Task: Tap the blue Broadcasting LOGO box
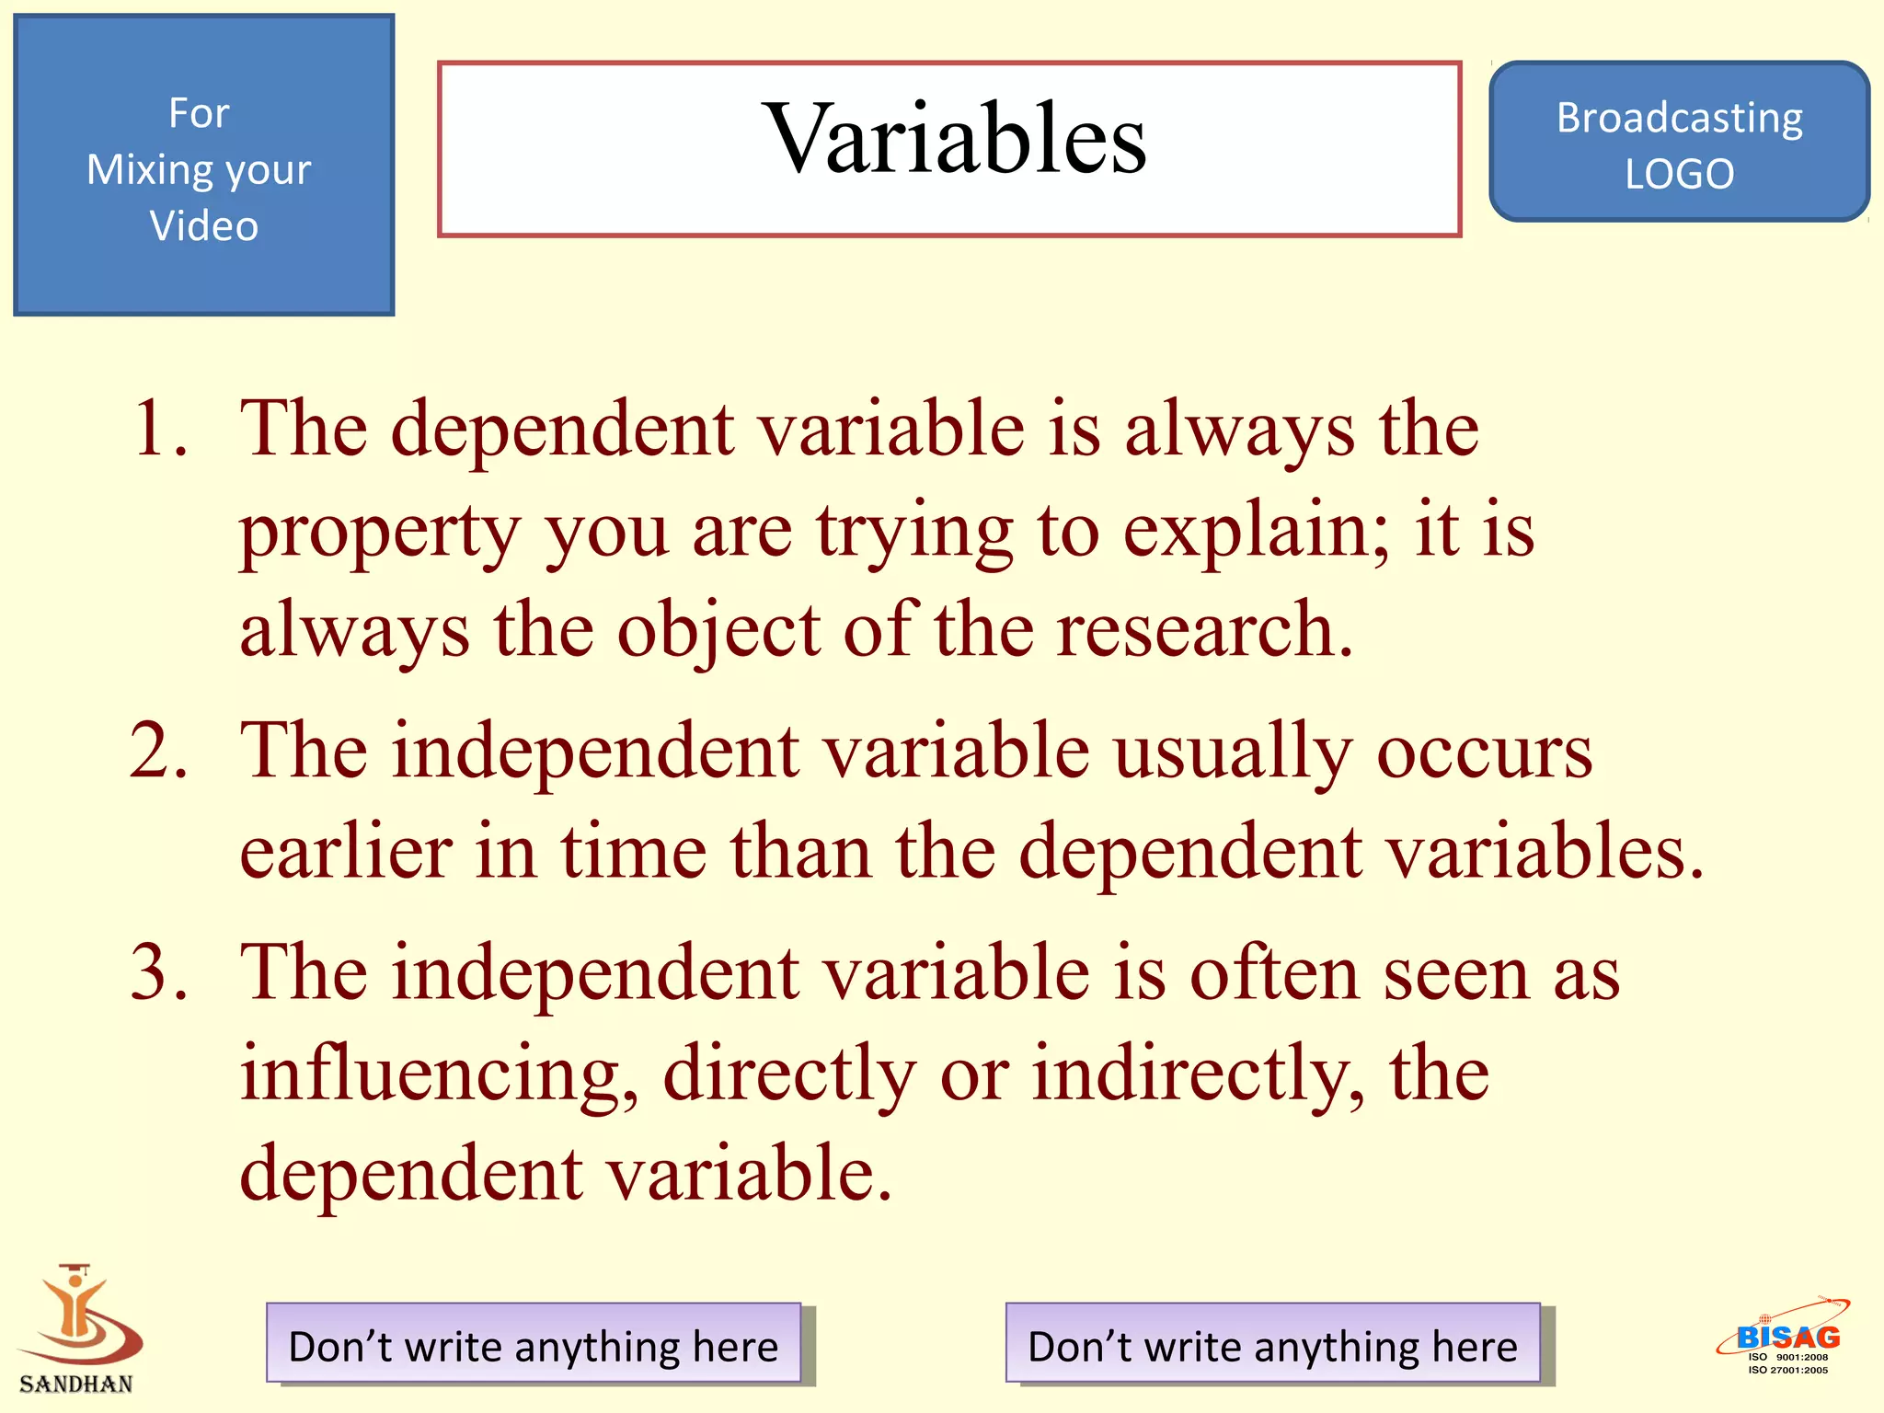pyautogui.click(x=1679, y=143)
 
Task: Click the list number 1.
pyautogui.click(x=158, y=430)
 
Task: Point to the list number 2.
pyautogui.click(x=158, y=752)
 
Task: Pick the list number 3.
pyautogui.click(x=158, y=972)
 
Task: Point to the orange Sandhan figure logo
pyautogui.click(x=78, y=1315)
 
